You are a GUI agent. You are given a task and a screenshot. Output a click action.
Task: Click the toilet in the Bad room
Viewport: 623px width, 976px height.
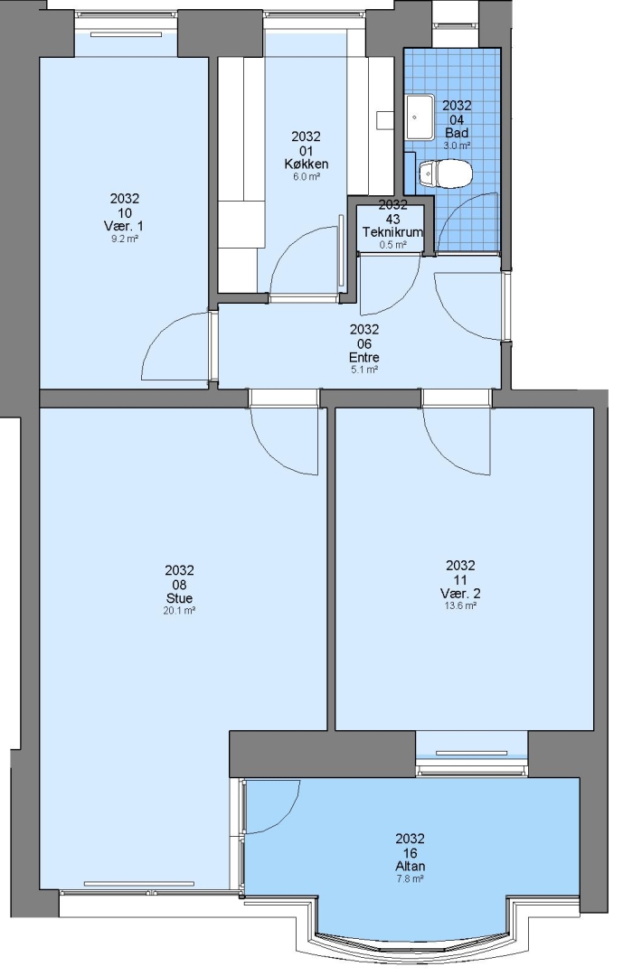pos(446,174)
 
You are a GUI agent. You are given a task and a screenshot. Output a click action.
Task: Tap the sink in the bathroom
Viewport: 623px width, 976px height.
pos(420,117)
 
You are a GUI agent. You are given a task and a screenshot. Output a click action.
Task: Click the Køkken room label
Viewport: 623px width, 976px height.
pos(306,164)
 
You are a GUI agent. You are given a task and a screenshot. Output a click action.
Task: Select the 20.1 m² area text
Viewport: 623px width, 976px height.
pos(179,611)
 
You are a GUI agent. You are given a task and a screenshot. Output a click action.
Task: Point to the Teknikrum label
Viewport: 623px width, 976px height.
pos(392,232)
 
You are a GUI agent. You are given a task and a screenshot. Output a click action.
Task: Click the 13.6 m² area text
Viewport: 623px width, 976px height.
pos(460,606)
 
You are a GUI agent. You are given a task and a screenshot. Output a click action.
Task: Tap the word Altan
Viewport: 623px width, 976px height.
pos(411,867)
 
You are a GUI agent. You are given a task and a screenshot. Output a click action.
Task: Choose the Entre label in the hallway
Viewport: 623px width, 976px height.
pos(364,358)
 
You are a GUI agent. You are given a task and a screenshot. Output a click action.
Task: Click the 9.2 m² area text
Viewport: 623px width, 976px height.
pos(125,239)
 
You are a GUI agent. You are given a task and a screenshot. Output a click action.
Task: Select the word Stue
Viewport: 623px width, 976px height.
pos(179,598)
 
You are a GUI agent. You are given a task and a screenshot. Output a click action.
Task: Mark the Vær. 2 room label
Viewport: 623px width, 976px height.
pos(460,593)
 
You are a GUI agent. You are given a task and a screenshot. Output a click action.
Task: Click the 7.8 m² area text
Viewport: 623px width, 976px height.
pos(411,879)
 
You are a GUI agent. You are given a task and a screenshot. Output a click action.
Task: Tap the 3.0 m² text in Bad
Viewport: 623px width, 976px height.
pos(457,145)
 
